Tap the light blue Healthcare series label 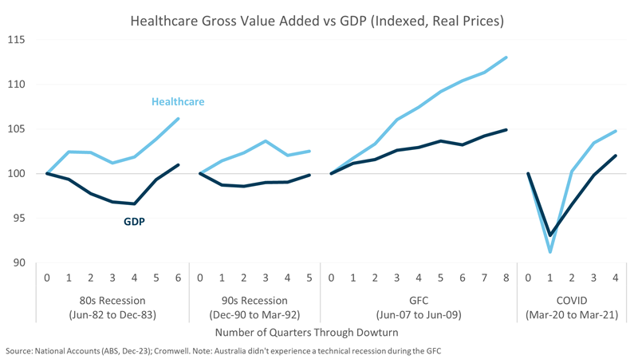click(x=178, y=102)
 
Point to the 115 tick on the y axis click(x=17, y=40)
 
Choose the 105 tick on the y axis click(x=17, y=129)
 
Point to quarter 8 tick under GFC click(x=506, y=278)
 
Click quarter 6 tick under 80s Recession click(x=177, y=278)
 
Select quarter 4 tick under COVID click(x=615, y=278)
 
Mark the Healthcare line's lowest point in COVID click(x=550, y=252)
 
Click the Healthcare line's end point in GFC click(x=506, y=57)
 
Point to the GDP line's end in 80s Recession click(x=177, y=165)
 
